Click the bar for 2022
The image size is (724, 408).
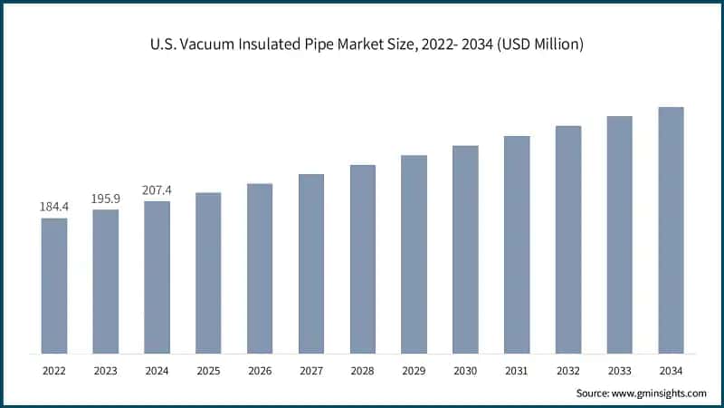54,286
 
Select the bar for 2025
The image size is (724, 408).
208,272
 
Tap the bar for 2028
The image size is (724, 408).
363,258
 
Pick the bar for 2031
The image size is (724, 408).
517,245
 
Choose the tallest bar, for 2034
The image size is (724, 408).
671,230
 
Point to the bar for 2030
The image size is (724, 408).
465,249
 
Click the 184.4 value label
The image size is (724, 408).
54,208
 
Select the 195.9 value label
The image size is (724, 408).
106,199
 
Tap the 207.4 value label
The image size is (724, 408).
157,190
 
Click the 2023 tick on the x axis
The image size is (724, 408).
106,370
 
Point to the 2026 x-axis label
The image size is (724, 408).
260,370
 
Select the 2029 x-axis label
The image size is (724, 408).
414,370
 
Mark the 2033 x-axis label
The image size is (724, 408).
619,370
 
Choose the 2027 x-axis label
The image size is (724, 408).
311,370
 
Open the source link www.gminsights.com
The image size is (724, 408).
660,393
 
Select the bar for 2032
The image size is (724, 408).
568,239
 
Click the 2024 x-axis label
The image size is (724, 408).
157,370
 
